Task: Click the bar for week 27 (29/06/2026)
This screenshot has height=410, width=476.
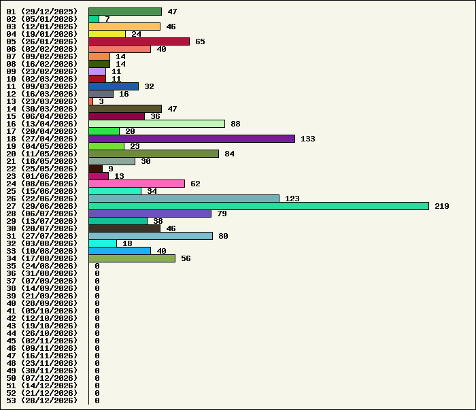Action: tap(258, 206)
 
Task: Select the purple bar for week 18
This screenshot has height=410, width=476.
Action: tap(192, 139)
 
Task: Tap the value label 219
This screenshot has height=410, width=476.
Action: tap(442, 206)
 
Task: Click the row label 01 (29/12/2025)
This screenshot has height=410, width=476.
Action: tap(42, 12)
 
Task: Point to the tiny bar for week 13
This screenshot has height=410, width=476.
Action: tap(90, 101)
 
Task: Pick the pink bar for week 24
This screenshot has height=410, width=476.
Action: tap(137, 184)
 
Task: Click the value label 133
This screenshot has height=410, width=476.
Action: tap(308, 139)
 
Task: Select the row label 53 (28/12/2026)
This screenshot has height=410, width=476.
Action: tap(42, 400)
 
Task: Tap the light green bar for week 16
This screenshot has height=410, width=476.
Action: tap(157, 124)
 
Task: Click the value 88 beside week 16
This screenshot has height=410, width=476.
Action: tap(235, 124)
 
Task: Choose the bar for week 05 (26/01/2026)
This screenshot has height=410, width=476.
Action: tap(139, 41)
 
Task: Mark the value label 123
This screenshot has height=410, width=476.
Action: tap(292, 199)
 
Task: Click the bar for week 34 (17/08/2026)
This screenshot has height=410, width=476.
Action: tap(132, 258)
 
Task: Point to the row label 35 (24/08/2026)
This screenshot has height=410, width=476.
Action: tap(42, 266)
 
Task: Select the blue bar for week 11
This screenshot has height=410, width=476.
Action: tap(114, 86)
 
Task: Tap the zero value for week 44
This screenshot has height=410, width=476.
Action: tap(97, 333)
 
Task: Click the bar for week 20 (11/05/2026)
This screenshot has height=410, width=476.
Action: tap(154, 154)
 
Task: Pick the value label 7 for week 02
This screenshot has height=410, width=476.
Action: tap(107, 19)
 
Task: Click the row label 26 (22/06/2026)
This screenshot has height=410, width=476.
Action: tap(42, 199)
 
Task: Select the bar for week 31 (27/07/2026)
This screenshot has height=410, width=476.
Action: tap(151, 236)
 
